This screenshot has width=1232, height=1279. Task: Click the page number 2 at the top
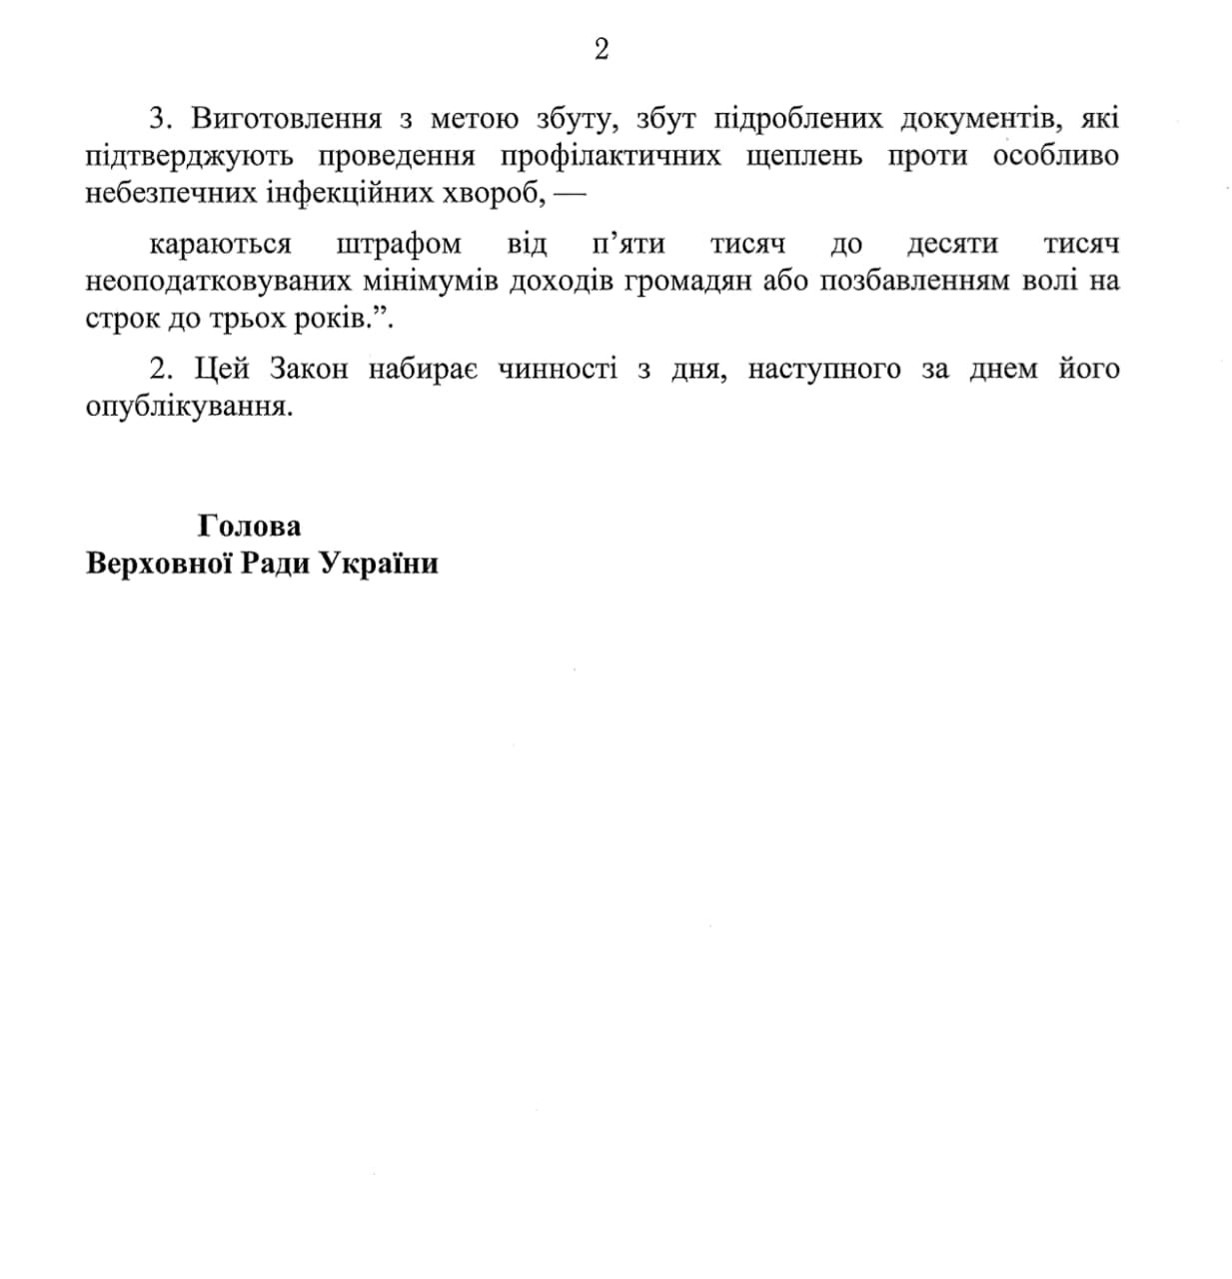602,50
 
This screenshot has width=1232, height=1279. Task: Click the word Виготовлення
287,119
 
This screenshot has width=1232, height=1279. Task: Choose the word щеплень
804,157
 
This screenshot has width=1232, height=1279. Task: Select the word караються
221,245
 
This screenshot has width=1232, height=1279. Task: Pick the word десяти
952,245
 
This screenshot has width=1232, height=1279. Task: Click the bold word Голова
250,527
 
